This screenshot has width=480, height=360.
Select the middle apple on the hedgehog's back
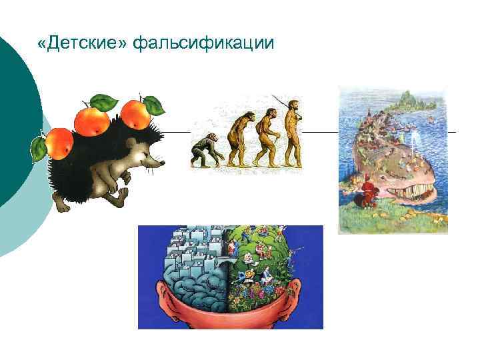[x=93, y=120]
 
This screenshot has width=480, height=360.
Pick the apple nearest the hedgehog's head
[x=137, y=113]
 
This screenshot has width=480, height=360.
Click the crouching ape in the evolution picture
[x=204, y=152]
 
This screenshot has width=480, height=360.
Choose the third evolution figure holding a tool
[x=265, y=137]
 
